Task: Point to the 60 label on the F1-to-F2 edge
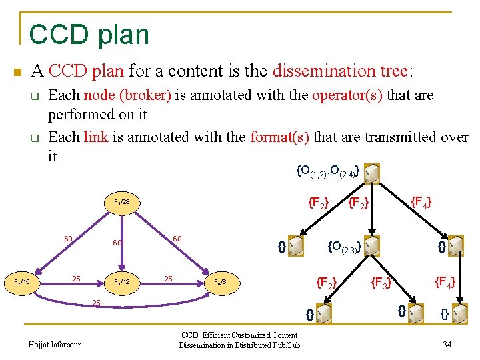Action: point(68,239)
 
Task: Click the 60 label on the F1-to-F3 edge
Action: point(117,243)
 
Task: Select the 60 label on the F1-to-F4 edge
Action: point(177,239)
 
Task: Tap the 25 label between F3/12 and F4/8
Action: point(169,278)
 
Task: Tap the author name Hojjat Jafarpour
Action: point(55,345)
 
